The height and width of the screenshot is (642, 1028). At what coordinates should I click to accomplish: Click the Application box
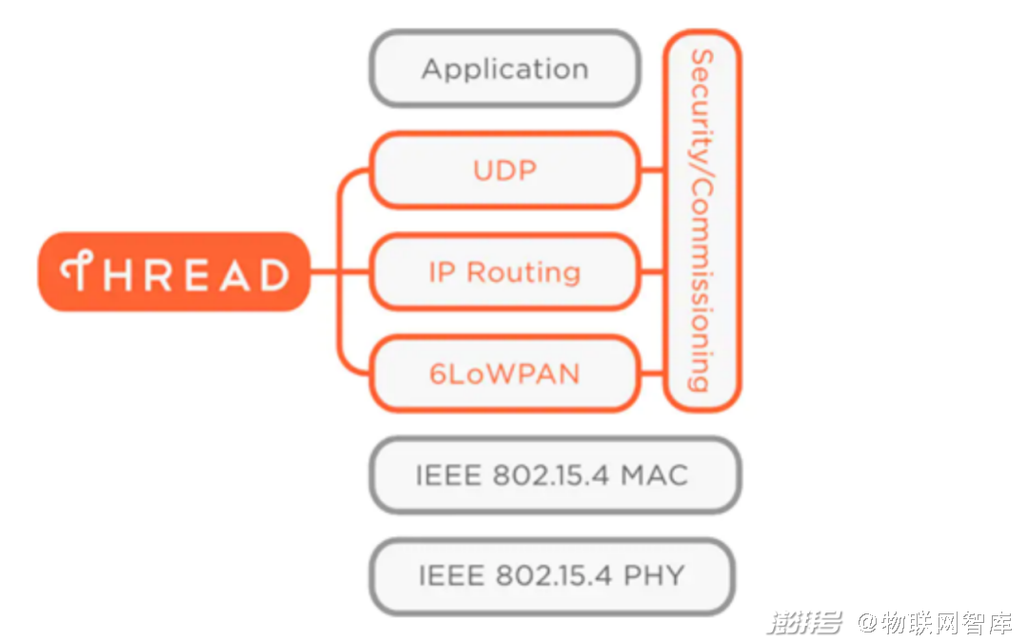pos(504,69)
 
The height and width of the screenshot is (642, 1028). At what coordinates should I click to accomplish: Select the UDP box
pos(504,171)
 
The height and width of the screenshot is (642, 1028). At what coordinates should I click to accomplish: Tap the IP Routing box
pos(504,271)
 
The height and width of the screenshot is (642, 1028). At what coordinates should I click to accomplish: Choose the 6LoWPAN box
pos(504,373)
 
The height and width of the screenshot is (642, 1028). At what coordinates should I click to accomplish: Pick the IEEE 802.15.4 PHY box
pos(552,576)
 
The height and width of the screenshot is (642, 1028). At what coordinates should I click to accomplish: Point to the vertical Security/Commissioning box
pos(702,220)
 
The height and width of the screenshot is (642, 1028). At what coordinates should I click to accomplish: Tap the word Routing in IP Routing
pos(524,272)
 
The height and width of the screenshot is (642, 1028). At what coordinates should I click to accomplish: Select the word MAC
pos(655,474)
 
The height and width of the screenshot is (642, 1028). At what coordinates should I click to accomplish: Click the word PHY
pos(654,576)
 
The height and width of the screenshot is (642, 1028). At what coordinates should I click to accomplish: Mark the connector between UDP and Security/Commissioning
pos(652,171)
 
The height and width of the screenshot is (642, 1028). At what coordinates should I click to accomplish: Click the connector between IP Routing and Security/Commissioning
pos(652,271)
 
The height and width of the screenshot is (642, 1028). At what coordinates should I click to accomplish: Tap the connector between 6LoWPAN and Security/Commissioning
pos(652,373)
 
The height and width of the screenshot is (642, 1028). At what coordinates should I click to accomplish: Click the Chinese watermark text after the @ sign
pos(946,622)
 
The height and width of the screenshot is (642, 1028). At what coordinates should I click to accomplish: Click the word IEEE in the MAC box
pos(448,474)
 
